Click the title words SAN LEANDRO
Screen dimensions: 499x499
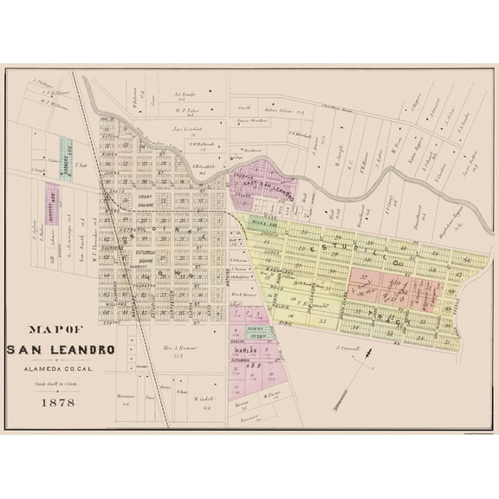pos(52,350)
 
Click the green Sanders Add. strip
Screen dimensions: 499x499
pos(66,159)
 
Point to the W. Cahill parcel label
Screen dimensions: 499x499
pos(204,399)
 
